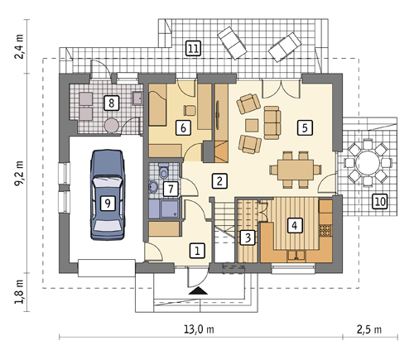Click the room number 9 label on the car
(108, 204)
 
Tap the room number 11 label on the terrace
(193, 49)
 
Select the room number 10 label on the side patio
(380, 201)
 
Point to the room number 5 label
(305, 127)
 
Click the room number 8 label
(112, 103)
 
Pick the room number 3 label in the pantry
(248, 238)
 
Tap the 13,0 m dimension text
(199, 329)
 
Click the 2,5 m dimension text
(369, 329)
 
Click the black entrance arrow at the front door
(198, 290)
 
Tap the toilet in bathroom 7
(164, 171)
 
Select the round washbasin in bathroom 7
(153, 187)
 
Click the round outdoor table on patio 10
(368, 161)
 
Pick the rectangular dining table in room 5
(296, 170)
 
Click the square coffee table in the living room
(252, 126)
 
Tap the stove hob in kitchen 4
(325, 230)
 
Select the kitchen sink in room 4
(296, 255)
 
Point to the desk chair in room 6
(190, 110)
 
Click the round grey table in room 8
(112, 126)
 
